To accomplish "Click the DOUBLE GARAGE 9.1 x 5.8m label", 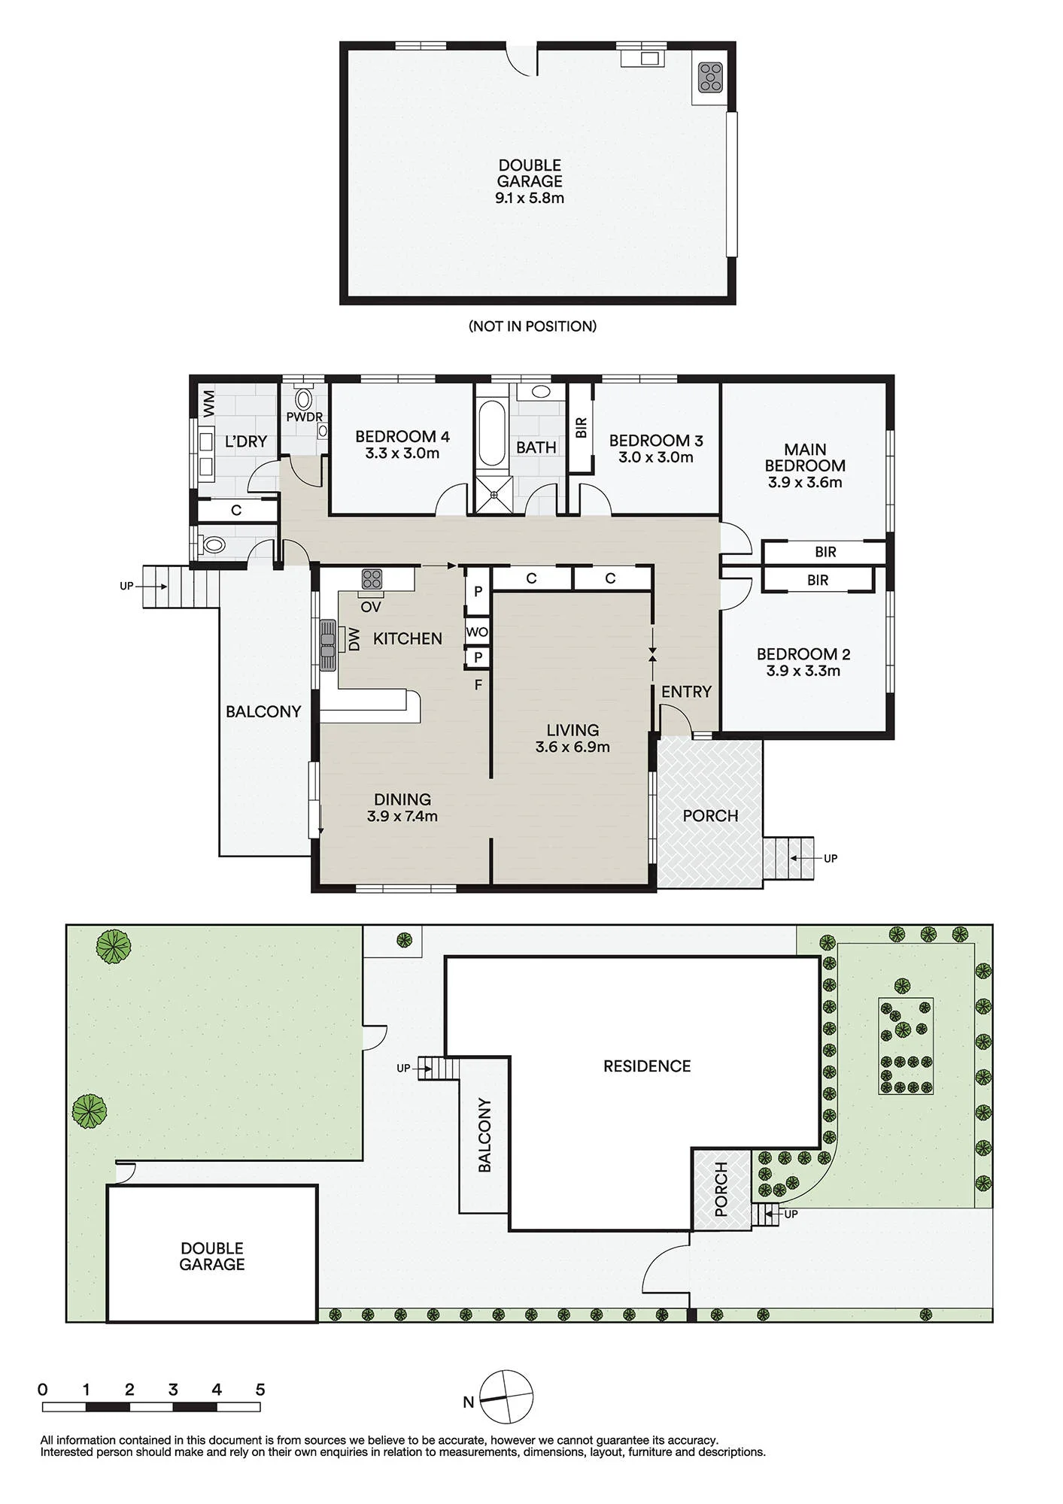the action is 530,182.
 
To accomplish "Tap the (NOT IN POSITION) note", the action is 533,326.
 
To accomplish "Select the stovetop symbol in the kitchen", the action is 372,579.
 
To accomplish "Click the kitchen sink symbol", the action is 328,644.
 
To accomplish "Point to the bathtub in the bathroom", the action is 492,434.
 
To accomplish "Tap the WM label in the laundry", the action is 209,403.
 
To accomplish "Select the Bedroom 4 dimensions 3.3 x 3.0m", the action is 402,453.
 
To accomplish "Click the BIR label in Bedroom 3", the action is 581,429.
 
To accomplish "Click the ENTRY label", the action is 686,692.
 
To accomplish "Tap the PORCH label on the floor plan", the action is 710,816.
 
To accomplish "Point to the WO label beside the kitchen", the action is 477,632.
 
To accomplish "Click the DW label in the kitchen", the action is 355,640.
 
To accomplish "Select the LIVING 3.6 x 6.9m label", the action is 573,738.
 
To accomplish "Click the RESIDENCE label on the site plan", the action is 647,1066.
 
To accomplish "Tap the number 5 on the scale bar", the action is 260,1390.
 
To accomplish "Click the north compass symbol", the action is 506,1397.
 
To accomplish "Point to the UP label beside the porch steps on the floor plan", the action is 831,858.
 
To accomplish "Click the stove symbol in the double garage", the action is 710,77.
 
